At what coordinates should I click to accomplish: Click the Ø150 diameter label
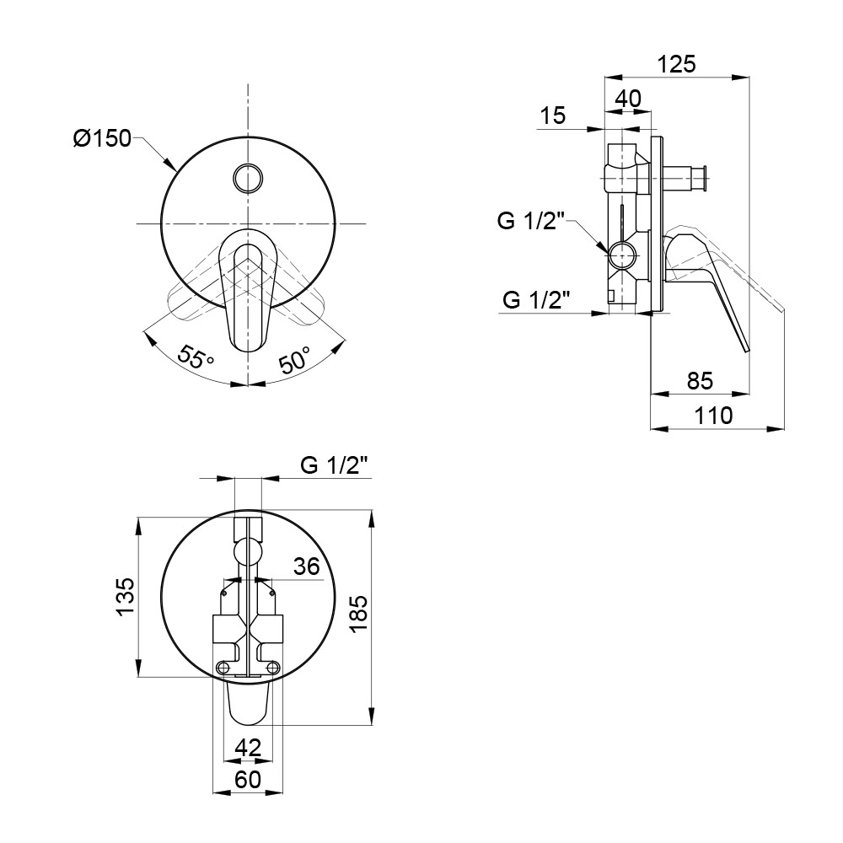[x=102, y=139]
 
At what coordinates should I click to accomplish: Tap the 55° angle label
[x=196, y=356]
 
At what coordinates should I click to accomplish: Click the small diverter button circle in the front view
[x=248, y=177]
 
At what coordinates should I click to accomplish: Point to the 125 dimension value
[x=677, y=64]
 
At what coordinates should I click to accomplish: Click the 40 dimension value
[x=628, y=99]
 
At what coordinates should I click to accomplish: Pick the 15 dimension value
[x=553, y=115]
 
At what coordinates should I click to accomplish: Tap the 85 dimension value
[x=700, y=381]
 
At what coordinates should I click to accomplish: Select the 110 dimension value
[x=713, y=416]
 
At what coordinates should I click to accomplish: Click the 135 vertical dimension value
[x=126, y=597]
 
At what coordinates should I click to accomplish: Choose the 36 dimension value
[x=307, y=566]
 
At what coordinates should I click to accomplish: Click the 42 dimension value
[x=249, y=747]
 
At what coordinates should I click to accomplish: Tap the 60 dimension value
[x=249, y=779]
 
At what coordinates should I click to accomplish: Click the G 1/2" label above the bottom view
[x=336, y=465]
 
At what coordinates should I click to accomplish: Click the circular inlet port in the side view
[x=623, y=255]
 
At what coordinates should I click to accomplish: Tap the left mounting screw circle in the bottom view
[x=223, y=667]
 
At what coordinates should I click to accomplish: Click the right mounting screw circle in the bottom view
[x=272, y=667]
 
